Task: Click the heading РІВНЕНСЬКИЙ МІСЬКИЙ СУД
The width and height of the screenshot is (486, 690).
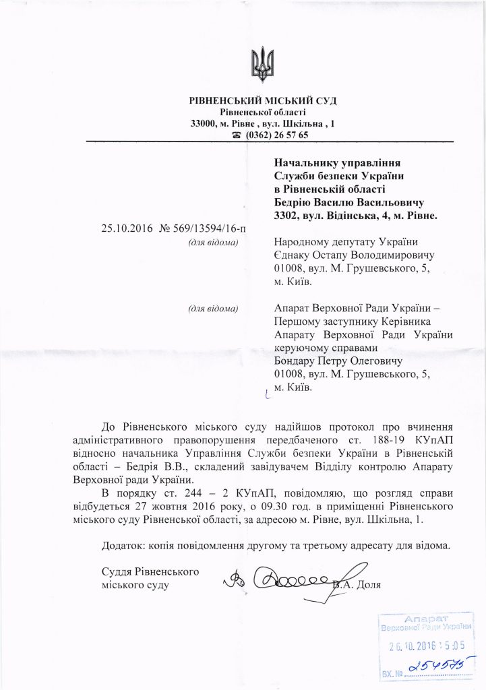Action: (263, 101)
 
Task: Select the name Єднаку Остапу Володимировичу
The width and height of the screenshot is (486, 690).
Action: (355, 255)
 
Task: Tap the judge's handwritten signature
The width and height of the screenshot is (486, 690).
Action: (283, 579)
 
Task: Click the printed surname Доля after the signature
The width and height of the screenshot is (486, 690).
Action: (368, 584)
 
